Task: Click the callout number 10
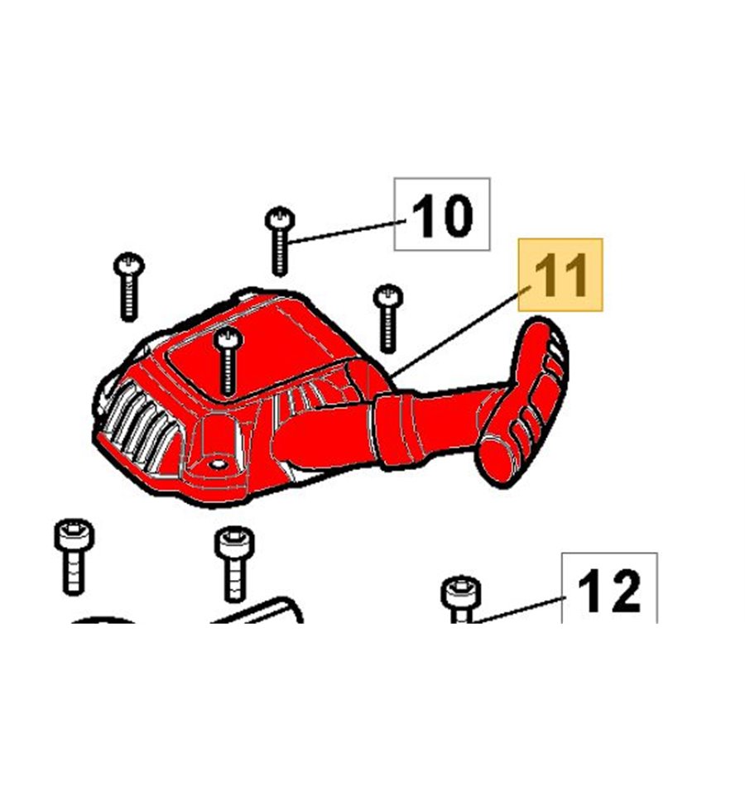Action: [442, 215]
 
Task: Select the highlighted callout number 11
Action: [560, 275]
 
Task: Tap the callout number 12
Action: [609, 591]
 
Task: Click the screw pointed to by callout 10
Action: [280, 241]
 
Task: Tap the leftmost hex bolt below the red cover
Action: [74, 556]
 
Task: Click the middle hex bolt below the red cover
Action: [234, 563]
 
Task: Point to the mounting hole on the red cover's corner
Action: [219, 464]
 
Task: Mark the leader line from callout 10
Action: [348, 232]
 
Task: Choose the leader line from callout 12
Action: [520, 609]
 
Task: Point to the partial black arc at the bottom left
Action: [103, 621]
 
